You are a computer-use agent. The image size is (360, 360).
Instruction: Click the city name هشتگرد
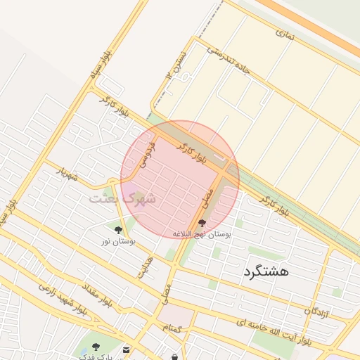tap(266, 271)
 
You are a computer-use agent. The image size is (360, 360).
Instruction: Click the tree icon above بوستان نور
tap(118, 229)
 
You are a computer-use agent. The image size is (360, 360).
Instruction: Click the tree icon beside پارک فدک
tap(96, 346)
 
